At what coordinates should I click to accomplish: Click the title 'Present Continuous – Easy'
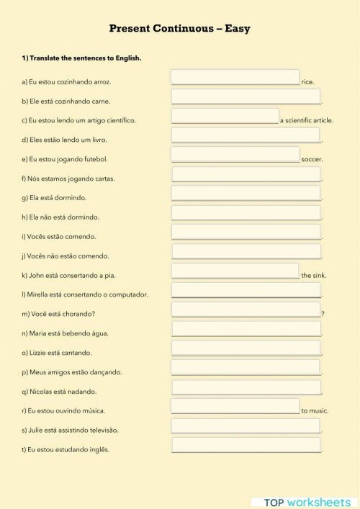(x=180, y=29)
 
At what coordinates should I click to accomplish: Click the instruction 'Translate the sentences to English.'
(x=85, y=58)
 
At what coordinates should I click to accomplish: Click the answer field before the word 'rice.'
(x=235, y=77)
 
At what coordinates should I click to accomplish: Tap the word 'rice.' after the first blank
(x=307, y=82)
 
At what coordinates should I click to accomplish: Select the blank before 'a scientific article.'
(x=225, y=116)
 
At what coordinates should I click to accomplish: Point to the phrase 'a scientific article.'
(x=307, y=120)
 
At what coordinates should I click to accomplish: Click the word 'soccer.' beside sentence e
(x=312, y=159)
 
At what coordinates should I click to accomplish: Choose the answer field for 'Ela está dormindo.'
(x=246, y=193)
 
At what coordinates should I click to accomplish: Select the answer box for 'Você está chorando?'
(x=246, y=310)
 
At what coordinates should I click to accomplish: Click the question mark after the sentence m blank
(x=323, y=314)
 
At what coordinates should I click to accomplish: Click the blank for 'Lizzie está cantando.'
(x=246, y=348)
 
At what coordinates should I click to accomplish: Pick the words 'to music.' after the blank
(x=315, y=411)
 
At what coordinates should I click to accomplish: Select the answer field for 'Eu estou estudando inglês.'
(x=246, y=445)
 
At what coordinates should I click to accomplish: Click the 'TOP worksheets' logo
(x=307, y=502)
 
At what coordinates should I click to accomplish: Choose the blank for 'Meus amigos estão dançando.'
(x=246, y=367)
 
